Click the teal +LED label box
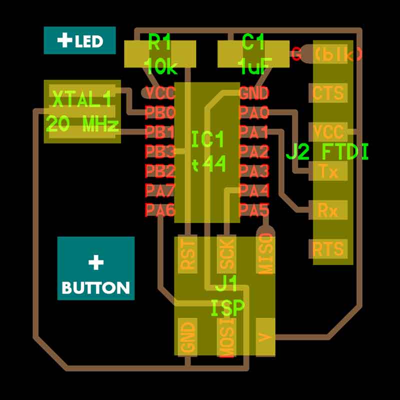[x=80, y=40]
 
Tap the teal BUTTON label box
[x=96, y=268]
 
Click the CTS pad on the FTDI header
[x=328, y=92]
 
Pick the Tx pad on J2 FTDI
[x=328, y=172]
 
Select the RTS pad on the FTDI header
[x=328, y=248]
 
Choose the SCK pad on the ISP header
[x=226, y=255]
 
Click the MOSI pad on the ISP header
[x=226, y=337]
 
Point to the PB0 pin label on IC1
[x=160, y=111]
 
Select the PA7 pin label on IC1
[x=160, y=190]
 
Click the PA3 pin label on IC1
[x=254, y=171]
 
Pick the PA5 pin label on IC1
[x=254, y=210]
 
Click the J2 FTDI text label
[x=327, y=151]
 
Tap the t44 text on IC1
[x=208, y=163]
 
